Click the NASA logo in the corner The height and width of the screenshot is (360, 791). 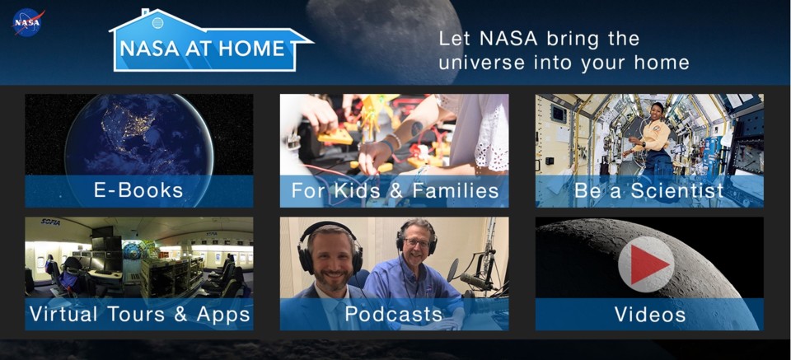[27, 22]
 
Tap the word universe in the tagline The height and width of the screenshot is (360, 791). [481, 63]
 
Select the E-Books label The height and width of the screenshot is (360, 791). [138, 191]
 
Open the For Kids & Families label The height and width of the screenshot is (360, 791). [395, 191]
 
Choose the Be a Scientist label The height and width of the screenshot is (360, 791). [649, 191]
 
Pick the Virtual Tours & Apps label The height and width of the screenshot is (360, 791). [139, 314]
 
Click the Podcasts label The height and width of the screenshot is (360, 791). [394, 314]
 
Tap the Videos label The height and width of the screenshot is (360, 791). [649, 314]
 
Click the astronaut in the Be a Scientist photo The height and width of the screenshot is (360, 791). [655, 136]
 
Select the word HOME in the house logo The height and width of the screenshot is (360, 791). [254, 49]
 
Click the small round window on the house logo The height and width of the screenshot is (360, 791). [157, 23]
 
